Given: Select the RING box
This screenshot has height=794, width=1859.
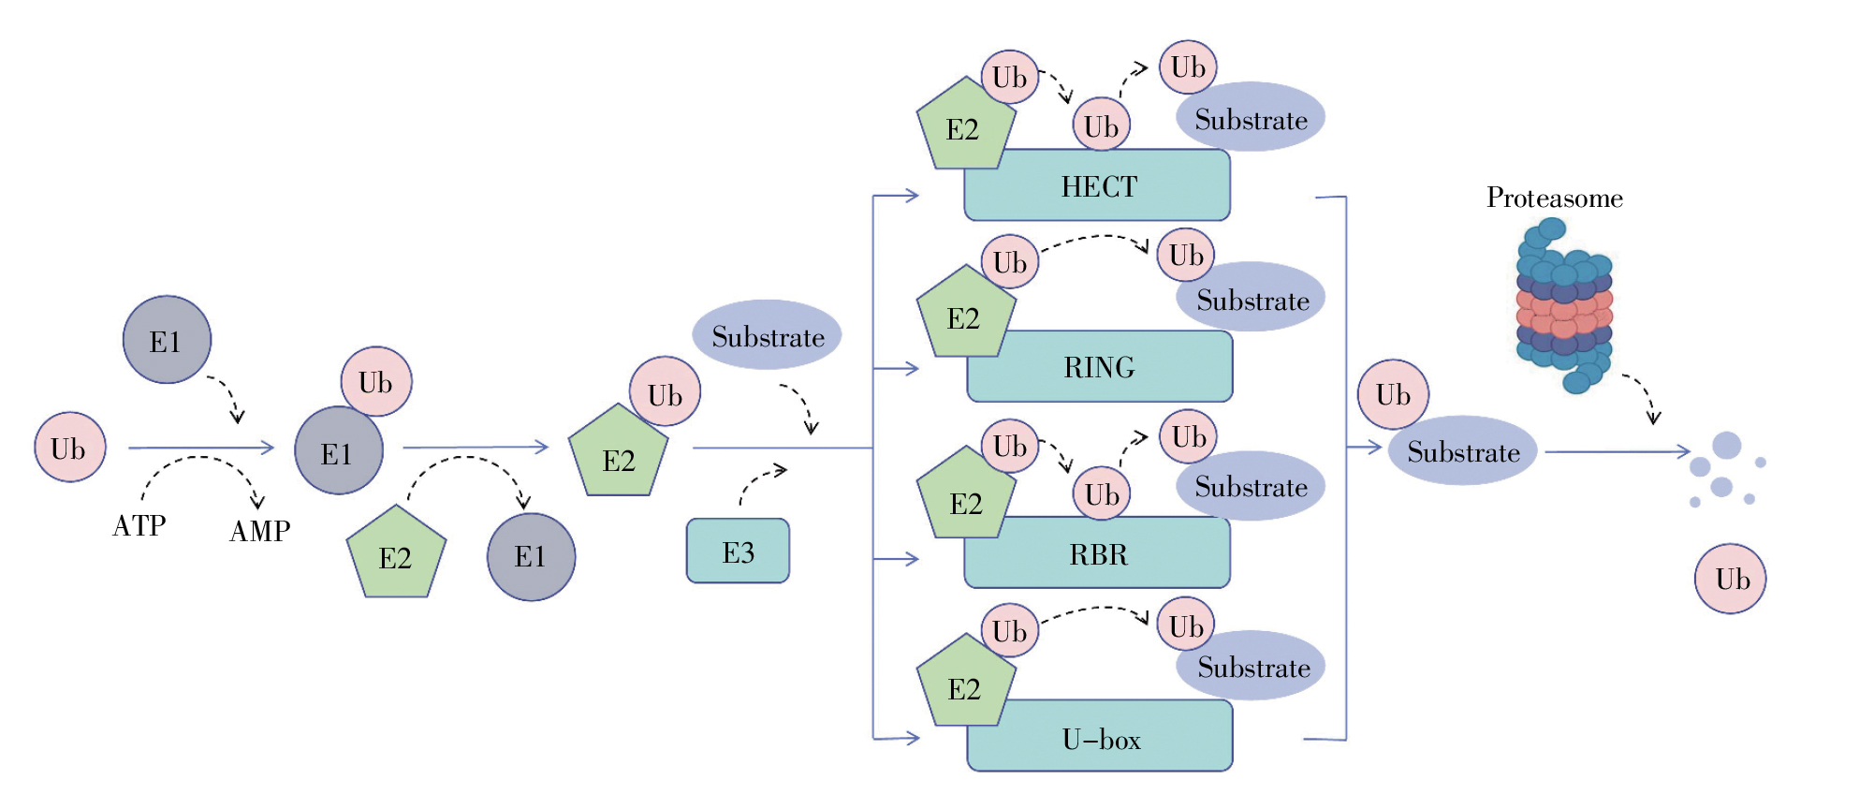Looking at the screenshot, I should click(x=1099, y=367).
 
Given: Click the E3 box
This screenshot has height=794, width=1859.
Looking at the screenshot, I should click(x=738, y=551).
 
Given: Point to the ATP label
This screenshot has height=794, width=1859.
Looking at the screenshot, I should click(x=139, y=525).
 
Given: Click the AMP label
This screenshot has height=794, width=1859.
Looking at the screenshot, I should click(x=259, y=531).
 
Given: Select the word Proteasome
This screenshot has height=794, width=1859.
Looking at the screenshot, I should click(x=1554, y=198).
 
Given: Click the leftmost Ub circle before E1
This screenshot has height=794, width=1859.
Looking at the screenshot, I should click(x=69, y=448).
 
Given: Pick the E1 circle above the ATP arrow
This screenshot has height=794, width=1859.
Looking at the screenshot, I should click(x=167, y=340).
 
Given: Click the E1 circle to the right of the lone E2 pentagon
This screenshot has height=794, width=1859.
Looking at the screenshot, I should click(x=531, y=557).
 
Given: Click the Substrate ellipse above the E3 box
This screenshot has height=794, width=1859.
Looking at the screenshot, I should click(x=767, y=335).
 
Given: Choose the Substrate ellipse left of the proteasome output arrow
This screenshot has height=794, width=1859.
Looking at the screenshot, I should click(x=1462, y=451).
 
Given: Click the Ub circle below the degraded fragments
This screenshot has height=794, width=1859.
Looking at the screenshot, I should click(x=1730, y=579).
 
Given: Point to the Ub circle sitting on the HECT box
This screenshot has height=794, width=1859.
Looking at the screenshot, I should click(x=1101, y=125).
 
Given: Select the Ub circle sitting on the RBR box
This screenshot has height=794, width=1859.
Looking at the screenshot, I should click(x=1101, y=493).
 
